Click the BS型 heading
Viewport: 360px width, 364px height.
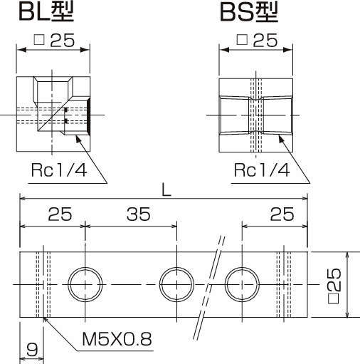coord(248,12)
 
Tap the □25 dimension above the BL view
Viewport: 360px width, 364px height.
coord(54,41)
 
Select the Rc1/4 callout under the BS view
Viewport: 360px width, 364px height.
coord(262,170)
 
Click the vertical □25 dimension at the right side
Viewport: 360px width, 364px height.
coord(337,284)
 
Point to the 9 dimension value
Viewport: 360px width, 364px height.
coord(31,351)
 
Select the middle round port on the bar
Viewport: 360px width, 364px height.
coord(175,284)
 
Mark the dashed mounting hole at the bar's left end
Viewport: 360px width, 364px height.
coord(46,284)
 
